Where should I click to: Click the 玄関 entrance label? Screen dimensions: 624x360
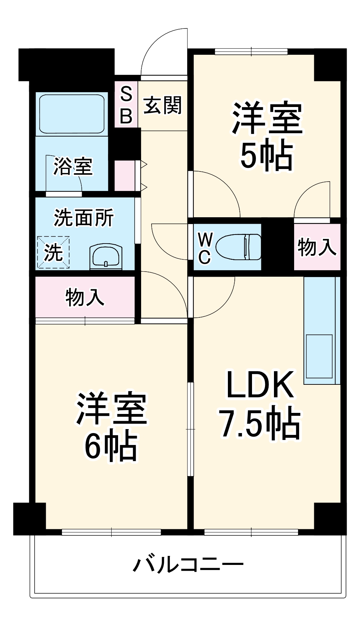coord(163,106)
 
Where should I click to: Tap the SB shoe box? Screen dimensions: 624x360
coord(126,104)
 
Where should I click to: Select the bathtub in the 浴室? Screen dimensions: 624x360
coord(72,114)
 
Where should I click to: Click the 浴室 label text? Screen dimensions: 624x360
coord(73,166)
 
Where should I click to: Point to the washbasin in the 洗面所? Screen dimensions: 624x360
coord(105,257)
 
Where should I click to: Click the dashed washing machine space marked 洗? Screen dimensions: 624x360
coord(53,252)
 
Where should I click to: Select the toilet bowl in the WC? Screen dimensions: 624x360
coord(239,247)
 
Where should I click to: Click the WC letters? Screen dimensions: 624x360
coord(204,248)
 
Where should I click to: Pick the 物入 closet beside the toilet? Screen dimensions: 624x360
coord(317,247)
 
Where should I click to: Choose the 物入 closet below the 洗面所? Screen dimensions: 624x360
coord(85,297)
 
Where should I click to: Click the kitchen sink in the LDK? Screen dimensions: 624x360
coord(319,356)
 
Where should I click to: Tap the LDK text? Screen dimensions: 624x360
coord(260,384)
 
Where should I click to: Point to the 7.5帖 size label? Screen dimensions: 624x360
coord(260,422)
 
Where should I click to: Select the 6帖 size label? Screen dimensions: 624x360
coord(111,445)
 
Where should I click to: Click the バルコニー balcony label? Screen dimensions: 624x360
coord(188,565)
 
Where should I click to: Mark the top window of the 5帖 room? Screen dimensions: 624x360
coord(251,52)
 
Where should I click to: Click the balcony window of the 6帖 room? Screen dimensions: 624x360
coord(111,532)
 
